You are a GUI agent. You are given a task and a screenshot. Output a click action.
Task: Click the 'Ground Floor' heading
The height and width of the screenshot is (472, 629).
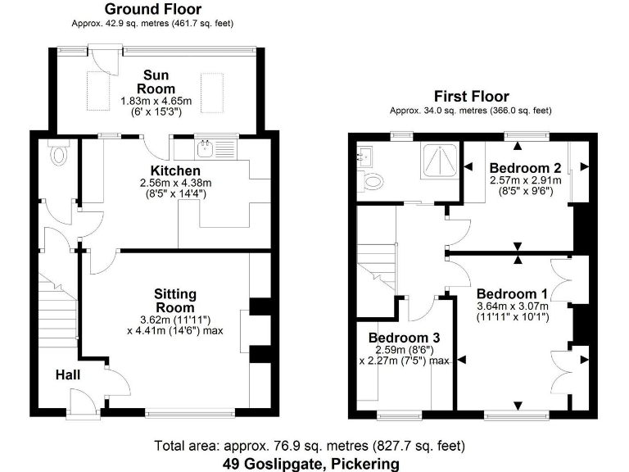click(153, 10)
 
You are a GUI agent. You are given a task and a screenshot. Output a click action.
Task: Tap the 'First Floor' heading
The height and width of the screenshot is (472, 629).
click(471, 96)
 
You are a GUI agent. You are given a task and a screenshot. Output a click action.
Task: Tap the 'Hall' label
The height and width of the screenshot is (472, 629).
click(67, 374)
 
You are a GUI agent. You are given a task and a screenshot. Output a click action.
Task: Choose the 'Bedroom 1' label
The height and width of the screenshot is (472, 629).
click(512, 293)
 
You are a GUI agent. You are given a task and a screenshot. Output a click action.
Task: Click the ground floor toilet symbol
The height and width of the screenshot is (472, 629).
click(57, 153)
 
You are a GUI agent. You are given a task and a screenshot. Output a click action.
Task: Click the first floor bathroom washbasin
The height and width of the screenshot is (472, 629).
click(366, 154)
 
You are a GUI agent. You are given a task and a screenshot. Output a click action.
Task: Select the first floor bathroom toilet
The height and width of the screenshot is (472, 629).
click(373, 182)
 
